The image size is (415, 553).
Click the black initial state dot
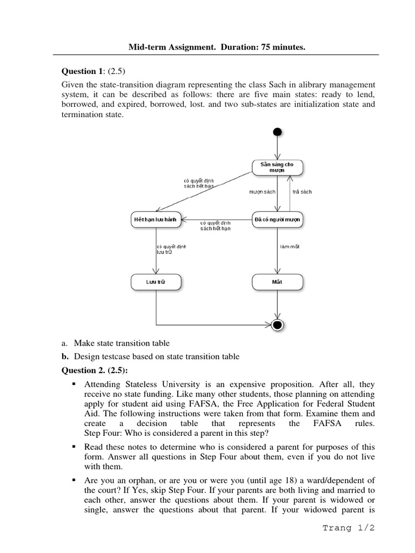(277, 132)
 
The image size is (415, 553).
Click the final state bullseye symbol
(278, 325)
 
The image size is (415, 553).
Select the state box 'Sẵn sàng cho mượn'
(277, 167)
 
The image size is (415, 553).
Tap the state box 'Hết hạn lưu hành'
(156, 219)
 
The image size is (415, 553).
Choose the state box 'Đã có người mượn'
(277, 219)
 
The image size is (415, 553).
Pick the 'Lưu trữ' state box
(156, 281)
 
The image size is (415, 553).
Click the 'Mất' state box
(277, 281)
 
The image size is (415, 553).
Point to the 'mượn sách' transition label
(262, 192)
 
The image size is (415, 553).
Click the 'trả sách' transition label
(302, 192)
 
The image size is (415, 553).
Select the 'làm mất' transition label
(290, 246)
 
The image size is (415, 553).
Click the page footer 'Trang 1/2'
(348, 528)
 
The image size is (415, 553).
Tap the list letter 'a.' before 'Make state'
(64, 343)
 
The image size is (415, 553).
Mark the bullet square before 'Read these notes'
(72, 448)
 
